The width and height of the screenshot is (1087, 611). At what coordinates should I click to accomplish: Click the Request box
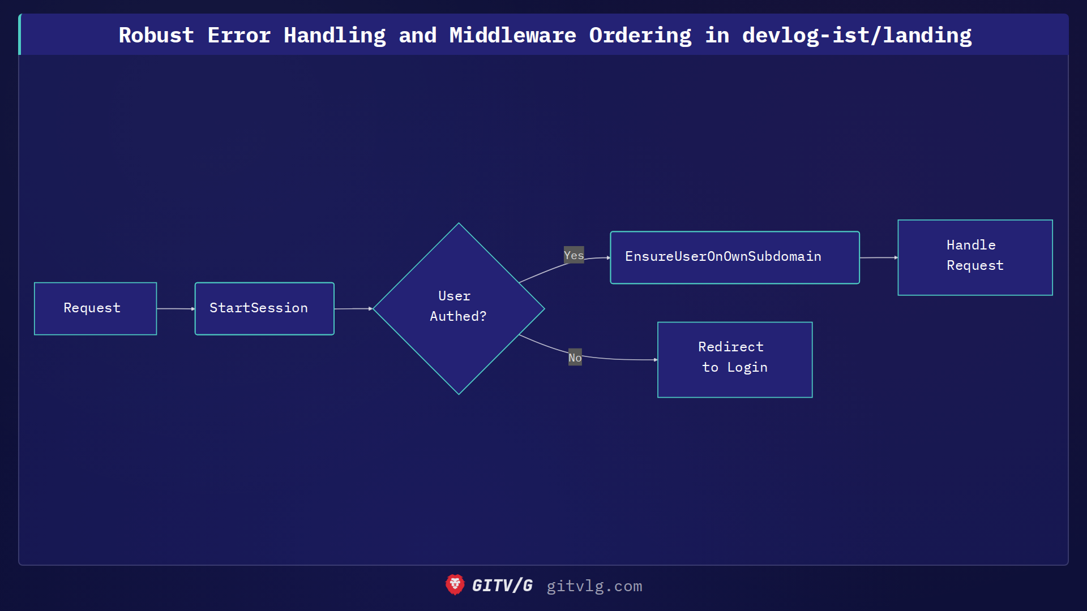[95, 308]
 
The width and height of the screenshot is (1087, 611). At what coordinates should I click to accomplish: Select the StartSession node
[264, 308]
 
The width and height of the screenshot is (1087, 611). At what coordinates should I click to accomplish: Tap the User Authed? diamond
[459, 308]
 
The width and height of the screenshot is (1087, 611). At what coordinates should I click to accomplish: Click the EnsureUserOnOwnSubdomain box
[734, 257]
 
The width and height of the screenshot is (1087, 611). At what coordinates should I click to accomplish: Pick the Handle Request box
[975, 257]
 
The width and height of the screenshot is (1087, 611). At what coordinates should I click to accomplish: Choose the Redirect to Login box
[734, 360]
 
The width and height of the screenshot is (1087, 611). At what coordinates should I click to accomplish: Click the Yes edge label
[574, 255]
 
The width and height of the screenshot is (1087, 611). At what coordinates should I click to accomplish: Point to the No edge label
[575, 358]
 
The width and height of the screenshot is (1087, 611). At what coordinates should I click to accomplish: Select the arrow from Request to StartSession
[176, 309]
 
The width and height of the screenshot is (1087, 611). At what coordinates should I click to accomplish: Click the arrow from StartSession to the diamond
[353, 309]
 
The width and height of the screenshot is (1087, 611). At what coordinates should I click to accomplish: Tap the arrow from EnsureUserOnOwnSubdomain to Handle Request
[878, 257]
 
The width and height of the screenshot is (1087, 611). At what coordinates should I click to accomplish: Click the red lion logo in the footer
[455, 585]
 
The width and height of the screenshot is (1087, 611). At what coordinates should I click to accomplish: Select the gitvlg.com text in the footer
[594, 586]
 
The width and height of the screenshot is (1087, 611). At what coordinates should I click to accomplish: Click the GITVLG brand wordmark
[502, 586]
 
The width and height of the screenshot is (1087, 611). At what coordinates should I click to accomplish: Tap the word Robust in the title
[156, 35]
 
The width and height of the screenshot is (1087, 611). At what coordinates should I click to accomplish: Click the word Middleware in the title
[512, 35]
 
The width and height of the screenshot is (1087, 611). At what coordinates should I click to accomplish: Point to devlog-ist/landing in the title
[857, 35]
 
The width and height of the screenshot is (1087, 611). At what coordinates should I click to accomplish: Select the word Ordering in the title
[640, 35]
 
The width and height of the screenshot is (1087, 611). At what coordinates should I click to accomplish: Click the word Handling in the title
[335, 35]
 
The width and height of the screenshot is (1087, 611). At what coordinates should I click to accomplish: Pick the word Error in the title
[239, 35]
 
